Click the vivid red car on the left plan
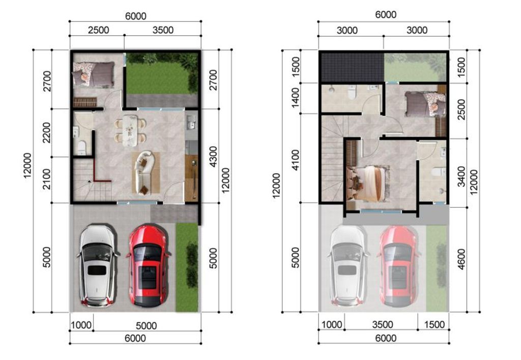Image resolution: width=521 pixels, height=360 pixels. point(148,265)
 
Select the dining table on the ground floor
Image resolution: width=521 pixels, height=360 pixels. point(130,130)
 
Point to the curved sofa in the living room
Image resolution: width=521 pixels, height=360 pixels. point(143,172)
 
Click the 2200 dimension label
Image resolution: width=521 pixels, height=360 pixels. point(46,132)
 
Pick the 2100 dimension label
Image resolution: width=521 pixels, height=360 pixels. point(46,179)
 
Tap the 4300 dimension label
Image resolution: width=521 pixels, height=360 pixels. point(213,156)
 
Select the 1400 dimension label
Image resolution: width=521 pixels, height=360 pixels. point(295,98)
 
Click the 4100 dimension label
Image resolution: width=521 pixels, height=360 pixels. point(295,160)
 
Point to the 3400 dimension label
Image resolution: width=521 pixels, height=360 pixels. point(461,177)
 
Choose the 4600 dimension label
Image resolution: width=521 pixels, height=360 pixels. point(461,259)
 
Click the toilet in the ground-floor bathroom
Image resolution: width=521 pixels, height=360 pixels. point(81,148)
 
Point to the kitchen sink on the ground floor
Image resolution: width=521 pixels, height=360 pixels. point(191,122)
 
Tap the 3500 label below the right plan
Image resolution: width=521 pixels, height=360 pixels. point(383,324)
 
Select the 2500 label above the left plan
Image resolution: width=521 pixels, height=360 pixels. point(98,30)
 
